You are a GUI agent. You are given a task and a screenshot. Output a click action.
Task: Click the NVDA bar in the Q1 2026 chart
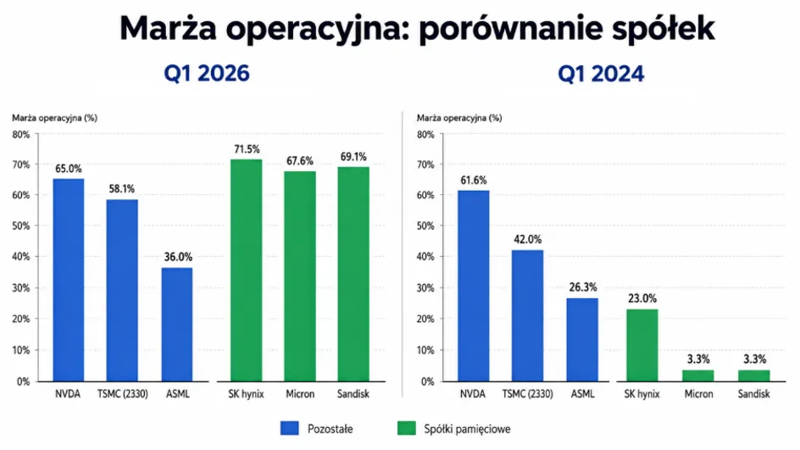(69, 281)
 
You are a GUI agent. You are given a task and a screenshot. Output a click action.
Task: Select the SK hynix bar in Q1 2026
(247, 270)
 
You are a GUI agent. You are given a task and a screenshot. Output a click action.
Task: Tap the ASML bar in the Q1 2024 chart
(582, 340)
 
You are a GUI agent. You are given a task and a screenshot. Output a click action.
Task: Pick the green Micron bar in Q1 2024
(698, 375)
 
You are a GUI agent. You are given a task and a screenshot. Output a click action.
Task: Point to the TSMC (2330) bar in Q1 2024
(528, 316)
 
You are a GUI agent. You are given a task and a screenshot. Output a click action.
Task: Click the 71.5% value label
(247, 149)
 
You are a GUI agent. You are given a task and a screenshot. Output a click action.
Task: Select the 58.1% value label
(122, 189)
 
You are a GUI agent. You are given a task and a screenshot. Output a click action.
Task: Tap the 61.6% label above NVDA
(474, 181)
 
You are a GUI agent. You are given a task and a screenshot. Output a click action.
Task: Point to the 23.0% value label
(642, 298)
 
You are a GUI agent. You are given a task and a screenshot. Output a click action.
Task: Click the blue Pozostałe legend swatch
(289, 428)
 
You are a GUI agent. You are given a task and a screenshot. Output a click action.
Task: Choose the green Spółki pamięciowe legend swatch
(406, 428)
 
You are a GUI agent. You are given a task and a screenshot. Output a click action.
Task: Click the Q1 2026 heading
(207, 74)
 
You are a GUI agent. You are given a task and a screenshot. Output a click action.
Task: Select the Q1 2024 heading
(601, 74)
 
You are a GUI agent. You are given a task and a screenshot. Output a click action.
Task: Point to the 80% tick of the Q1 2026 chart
(21, 135)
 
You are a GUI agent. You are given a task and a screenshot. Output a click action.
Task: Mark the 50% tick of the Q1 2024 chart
(425, 225)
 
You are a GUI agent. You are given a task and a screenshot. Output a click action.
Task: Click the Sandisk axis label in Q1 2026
(353, 394)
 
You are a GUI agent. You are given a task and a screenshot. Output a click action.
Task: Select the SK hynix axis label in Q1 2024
(642, 394)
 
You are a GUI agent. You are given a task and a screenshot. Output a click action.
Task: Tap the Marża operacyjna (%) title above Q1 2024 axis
(459, 118)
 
